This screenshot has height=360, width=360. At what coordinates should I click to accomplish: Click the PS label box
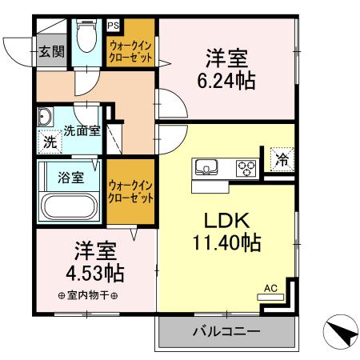[113, 25]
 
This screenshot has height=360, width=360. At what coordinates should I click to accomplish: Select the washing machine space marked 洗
[49, 144]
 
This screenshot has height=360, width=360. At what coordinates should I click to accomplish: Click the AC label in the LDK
[270, 288]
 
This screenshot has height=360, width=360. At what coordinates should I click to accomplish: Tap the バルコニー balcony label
[225, 330]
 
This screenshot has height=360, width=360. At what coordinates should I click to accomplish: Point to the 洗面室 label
[82, 130]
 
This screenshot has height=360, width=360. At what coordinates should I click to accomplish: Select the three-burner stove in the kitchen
[246, 168]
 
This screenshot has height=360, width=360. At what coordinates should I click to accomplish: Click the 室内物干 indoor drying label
[88, 296]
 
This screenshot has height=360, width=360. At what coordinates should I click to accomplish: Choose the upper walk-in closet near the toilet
[131, 54]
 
